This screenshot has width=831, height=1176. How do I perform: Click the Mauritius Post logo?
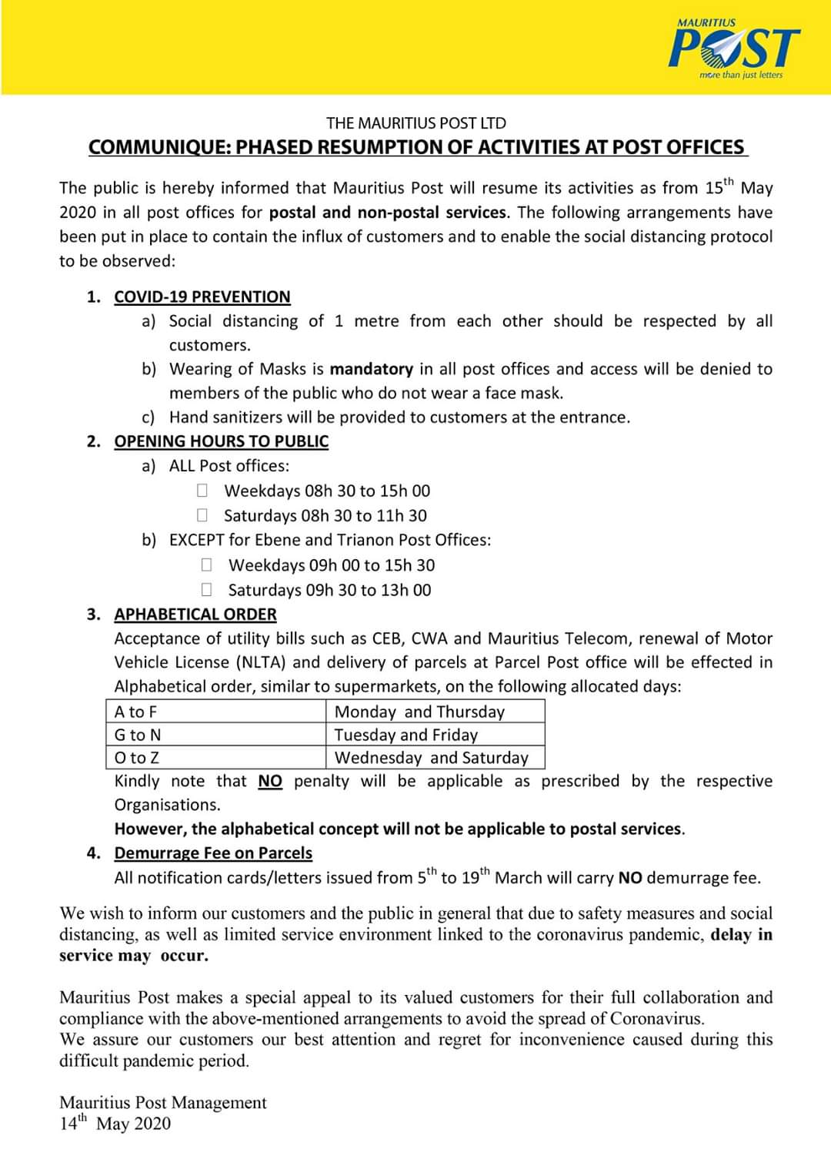(735, 48)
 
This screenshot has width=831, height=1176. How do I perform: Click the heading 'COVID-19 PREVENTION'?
(202, 297)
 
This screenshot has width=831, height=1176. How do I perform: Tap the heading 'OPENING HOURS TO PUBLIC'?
(221, 441)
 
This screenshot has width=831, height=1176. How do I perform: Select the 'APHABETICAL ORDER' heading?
(195, 614)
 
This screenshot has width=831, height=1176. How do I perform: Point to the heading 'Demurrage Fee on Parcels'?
(213, 853)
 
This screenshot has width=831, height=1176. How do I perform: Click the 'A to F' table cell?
(215, 712)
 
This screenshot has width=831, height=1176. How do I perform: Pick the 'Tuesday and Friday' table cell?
(436, 735)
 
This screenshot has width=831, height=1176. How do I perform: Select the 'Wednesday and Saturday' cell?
(436, 758)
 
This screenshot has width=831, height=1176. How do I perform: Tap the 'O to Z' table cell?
(215, 758)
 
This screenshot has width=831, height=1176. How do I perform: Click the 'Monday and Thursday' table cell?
(436, 712)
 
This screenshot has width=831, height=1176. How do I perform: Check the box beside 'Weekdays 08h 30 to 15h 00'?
(202, 490)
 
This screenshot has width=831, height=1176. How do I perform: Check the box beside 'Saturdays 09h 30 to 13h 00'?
(206, 589)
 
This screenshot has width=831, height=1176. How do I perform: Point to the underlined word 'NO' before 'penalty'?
(270, 781)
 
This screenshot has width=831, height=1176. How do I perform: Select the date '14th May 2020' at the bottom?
(115, 1123)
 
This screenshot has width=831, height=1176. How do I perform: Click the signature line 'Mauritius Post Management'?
(163, 1102)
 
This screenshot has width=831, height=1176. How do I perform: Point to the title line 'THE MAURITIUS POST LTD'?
(416, 123)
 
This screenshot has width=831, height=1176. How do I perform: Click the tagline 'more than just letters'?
(740, 75)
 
